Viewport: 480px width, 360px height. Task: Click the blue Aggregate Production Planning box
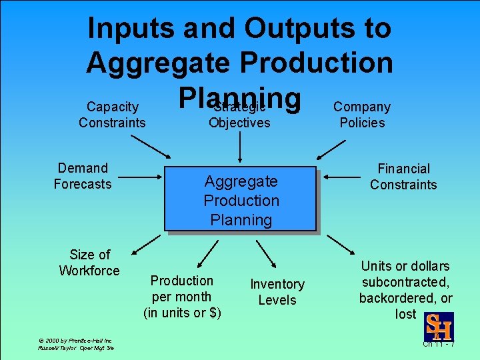pyautogui.click(x=240, y=199)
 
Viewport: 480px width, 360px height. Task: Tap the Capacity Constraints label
pyautogui.click(x=112, y=115)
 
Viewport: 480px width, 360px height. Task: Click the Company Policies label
pyautogui.click(x=362, y=115)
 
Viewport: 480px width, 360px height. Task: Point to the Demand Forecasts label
pyautogui.click(x=83, y=176)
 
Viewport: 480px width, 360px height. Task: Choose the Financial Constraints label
pyautogui.click(x=403, y=177)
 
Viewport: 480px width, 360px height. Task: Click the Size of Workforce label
pyautogui.click(x=89, y=263)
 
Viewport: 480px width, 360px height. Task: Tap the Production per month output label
pyautogui.click(x=182, y=297)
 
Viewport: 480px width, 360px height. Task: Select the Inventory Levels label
pyautogui.click(x=277, y=292)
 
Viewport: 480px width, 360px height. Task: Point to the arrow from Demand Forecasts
pyautogui.click(x=140, y=178)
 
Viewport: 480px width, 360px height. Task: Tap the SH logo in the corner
pyautogui.click(x=439, y=327)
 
